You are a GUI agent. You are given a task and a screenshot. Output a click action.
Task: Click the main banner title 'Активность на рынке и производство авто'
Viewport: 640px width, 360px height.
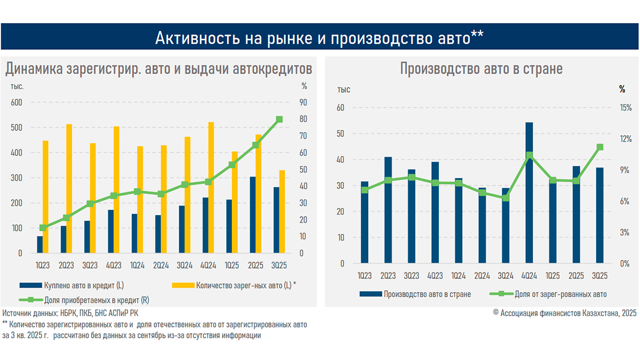pos(319,37)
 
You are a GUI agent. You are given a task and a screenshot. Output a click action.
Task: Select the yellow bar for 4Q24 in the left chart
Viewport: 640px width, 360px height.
pos(211,188)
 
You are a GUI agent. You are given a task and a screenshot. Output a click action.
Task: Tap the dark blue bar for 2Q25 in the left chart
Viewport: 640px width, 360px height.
pos(252,215)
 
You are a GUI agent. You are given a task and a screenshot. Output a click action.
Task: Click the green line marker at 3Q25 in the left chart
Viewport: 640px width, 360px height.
pos(279,120)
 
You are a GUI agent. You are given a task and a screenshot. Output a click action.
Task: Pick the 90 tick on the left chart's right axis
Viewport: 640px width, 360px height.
pos(304,102)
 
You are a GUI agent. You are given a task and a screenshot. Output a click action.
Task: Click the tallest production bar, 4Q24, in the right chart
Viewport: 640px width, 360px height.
pos(529,193)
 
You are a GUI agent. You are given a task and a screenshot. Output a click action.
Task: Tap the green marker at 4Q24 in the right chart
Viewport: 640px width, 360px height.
pos(529,156)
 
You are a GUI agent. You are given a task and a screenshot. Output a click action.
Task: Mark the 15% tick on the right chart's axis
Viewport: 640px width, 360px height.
pos(626,108)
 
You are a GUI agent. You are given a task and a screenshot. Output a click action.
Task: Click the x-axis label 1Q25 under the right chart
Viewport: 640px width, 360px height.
pos(553,276)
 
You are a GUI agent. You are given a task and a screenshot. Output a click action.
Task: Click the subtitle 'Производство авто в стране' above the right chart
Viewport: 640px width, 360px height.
pos(481,69)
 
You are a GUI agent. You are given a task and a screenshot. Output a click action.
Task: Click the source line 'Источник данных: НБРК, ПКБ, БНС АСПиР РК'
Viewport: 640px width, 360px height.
pos(74,313)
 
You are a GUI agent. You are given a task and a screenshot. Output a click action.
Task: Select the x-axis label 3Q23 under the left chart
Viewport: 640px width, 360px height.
pos(90,265)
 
